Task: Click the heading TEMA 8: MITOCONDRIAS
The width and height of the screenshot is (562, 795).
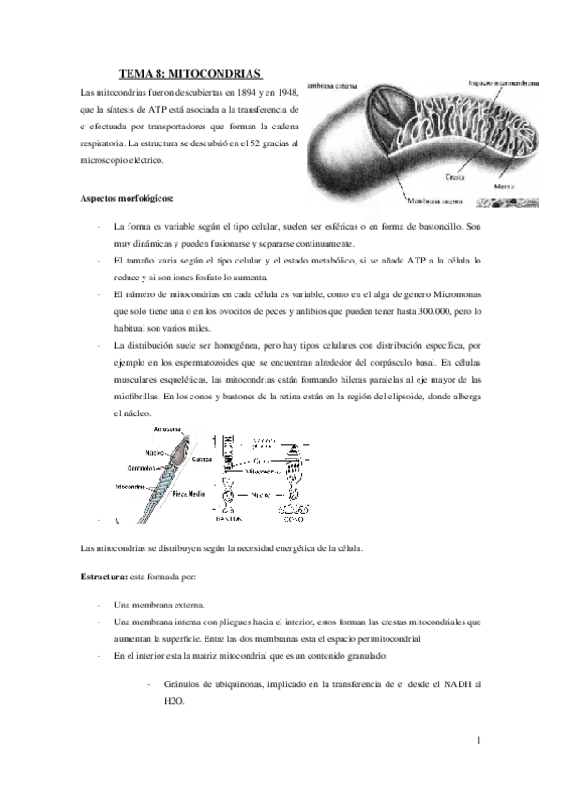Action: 191,74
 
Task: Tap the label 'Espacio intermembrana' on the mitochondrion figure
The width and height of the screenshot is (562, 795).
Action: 504,83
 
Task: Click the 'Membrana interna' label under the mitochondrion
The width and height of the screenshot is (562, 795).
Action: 437,200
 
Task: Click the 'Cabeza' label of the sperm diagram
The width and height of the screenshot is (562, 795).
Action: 202,460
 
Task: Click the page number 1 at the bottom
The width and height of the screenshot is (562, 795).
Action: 478,743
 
